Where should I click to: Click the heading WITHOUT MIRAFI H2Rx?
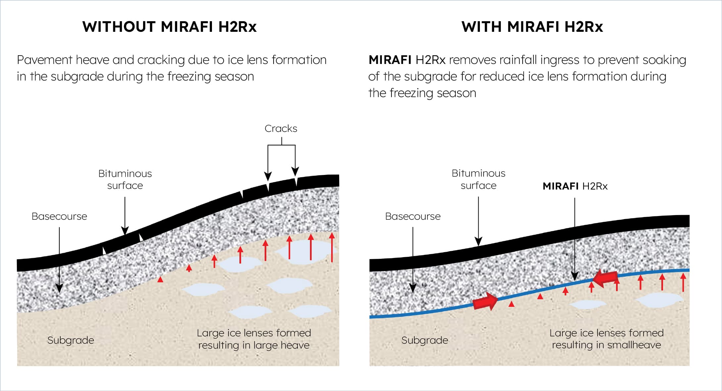pos(169,27)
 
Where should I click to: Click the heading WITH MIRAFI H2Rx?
pos(532,27)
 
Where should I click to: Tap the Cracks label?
pos(281,129)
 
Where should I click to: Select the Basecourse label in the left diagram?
pos(59,216)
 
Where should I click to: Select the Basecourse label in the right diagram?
pos(413,216)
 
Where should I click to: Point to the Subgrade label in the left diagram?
pos(71,340)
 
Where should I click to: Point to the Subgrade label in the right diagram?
pos(425,340)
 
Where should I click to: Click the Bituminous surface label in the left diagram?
pos(125,179)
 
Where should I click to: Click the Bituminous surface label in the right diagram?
pos(478,179)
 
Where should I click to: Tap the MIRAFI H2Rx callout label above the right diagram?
pos(575,186)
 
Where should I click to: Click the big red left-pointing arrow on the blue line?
pos(605,278)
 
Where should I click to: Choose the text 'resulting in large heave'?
pos(254,345)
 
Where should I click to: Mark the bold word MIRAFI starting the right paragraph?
pos(390,60)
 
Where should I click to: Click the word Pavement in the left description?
pos(44,60)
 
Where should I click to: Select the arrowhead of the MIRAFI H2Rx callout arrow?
pos(575,276)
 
